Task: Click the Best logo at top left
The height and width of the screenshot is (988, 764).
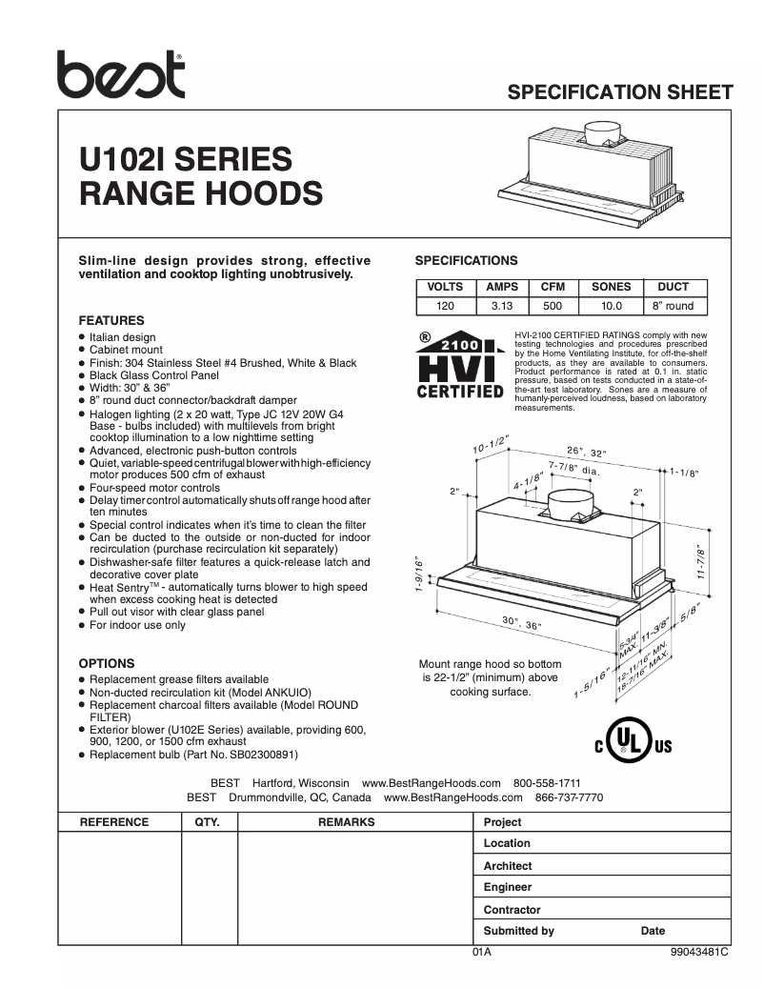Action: point(120,73)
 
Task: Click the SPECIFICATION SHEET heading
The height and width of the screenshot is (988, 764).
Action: point(620,92)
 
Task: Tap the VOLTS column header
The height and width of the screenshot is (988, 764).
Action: point(445,287)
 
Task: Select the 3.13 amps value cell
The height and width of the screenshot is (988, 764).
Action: point(502,306)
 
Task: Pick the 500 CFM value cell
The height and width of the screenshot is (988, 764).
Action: point(553,306)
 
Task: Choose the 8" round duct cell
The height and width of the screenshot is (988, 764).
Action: point(674,306)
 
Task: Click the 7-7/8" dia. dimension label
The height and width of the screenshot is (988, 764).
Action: point(573,469)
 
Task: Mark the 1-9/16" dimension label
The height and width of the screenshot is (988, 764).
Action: point(419,575)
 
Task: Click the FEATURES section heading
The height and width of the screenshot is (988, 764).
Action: point(111,321)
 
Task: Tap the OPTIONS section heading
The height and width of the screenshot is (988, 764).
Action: point(107,663)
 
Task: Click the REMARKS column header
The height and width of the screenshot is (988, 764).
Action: point(346,822)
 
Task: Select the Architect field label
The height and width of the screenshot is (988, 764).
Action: point(508,866)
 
